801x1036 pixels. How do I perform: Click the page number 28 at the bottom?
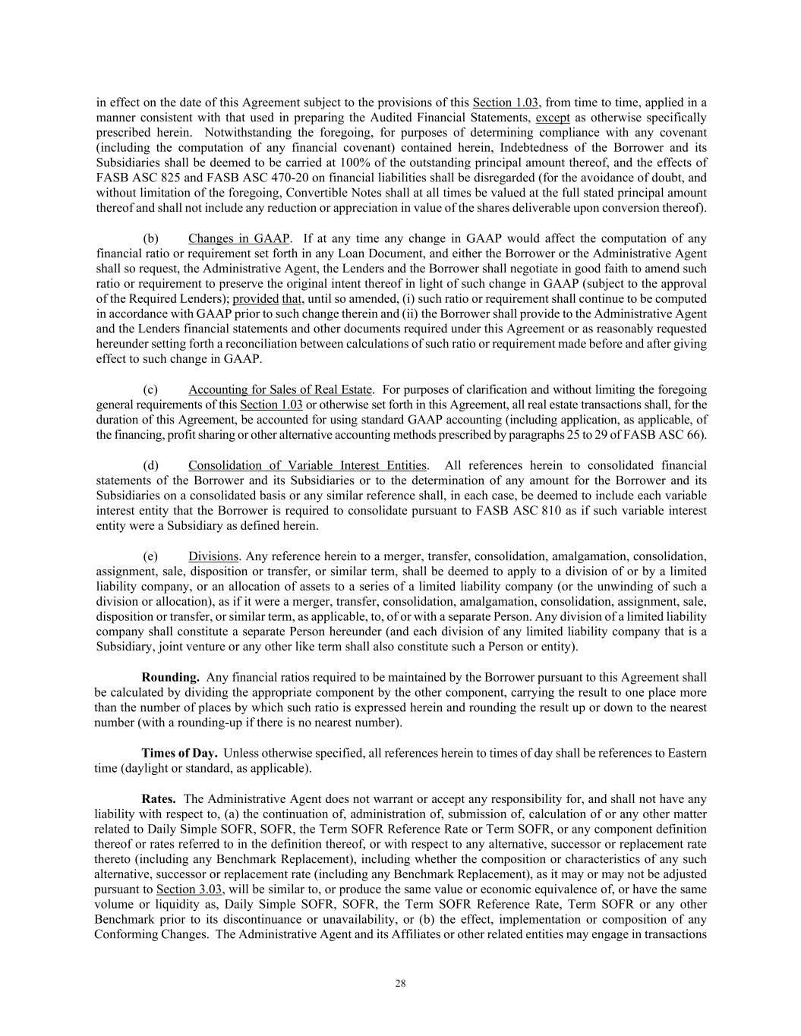(400, 984)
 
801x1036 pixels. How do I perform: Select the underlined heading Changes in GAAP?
(239, 238)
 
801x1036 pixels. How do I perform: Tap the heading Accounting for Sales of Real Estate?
(280, 389)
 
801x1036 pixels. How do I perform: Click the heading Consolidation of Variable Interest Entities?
(307, 465)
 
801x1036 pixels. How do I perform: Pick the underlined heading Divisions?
(213, 556)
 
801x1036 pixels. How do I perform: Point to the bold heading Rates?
(159, 798)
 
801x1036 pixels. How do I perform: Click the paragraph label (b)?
(150, 238)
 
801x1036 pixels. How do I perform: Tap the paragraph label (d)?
(150, 465)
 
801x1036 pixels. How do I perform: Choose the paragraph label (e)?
(150, 556)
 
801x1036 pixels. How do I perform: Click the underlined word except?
(553, 118)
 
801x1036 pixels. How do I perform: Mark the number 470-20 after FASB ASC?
(243, 178)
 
